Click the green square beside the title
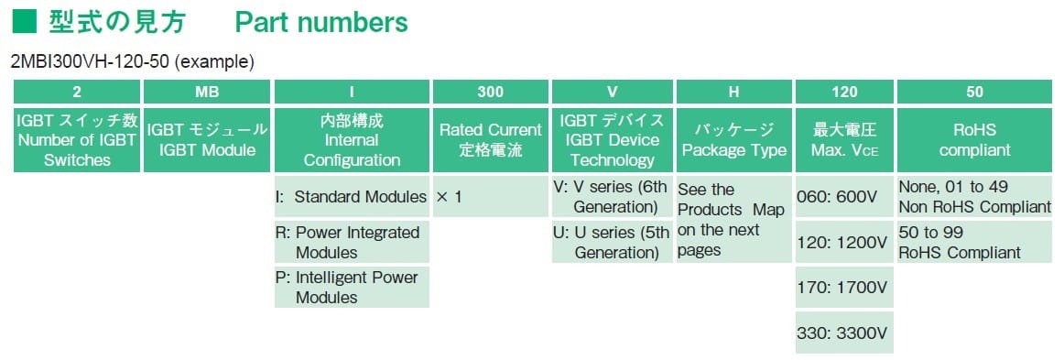click(25, 22)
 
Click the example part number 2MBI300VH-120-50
click(92, 62)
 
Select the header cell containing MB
click(206, 92)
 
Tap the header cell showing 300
click(490, 92)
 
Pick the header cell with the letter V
click(612, 92)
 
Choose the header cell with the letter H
click(733, 92)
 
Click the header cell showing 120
click(844, 92)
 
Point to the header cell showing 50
click(974, 92)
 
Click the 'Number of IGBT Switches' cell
click(77, 140)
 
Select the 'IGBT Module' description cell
click(206, 140)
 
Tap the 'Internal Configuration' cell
click(352, 140)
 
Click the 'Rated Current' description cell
click(490, 140)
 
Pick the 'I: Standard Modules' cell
click(352, 196)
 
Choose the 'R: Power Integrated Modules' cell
click(352, 243)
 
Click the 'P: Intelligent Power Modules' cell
click(352, 288)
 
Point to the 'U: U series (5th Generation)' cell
click(612, 243)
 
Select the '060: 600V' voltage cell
click(844, 196)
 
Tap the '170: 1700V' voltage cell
click(844, 288)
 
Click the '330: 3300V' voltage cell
click(844, 333)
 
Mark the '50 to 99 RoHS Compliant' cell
click(974, 243)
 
